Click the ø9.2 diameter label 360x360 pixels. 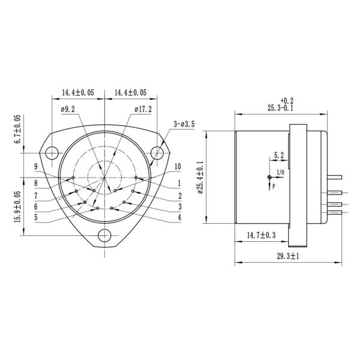click(68, 110)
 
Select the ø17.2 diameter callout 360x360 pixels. click(142, 110)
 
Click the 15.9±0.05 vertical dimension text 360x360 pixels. click(17, 205)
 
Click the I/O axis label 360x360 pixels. click(280, 173)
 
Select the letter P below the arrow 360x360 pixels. click(274, 187)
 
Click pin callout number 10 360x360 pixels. click(178, 166)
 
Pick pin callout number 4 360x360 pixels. click(179, 217)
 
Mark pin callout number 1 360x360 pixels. click(179, 182)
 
